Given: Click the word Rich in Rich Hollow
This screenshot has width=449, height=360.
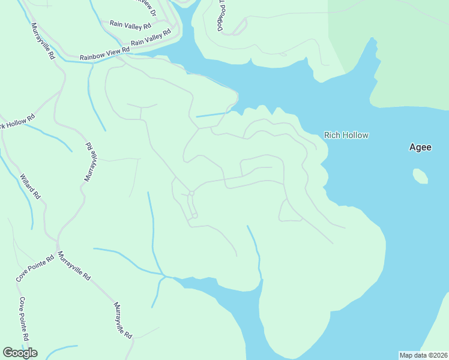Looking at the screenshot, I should [331, 135].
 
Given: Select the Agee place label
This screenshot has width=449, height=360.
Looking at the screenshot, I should [420, 147].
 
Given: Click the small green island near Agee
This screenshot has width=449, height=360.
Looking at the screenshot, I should [420, 176].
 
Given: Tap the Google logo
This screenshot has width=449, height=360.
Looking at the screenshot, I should [20, 353].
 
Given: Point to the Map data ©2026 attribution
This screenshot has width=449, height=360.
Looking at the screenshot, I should [423, 355].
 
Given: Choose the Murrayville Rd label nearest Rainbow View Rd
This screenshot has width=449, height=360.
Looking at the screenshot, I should [43, 41].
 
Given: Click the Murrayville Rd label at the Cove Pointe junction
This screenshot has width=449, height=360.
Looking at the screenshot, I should [74, 267].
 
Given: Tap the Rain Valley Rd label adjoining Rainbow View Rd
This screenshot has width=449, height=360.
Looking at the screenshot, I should [147, 39].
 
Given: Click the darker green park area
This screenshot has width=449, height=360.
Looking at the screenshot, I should [408, 54].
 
